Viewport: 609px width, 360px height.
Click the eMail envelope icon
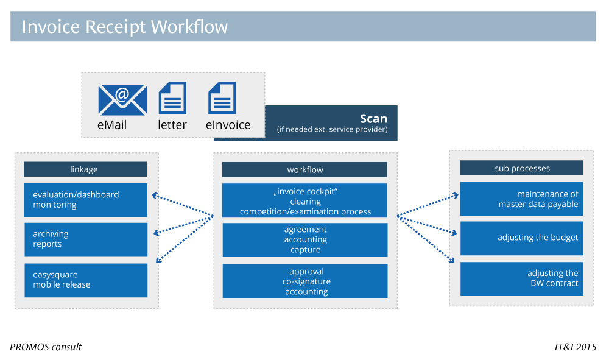tap(122, 99)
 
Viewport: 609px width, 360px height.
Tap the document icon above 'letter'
tap(172, 98)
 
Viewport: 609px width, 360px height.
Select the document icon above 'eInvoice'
tap(222, 98)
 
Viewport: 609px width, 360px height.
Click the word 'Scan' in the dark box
tap(373, 118)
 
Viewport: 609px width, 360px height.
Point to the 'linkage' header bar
tap(85, 169)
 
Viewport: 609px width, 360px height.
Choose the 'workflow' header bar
tap(304, 169)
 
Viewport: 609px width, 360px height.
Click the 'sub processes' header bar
tap(521, 168)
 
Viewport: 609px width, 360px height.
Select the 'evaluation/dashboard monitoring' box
tap(85, 200)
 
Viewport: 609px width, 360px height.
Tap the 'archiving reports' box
tap(85, 239)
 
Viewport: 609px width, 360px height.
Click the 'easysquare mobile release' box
tap(85, 280)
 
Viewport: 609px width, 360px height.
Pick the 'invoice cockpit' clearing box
tap(304, 200)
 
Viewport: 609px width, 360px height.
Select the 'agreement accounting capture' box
tap(304, 239)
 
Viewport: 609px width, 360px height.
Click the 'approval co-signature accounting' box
tap(304, 281)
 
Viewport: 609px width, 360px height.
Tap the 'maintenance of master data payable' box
tap(521, 199)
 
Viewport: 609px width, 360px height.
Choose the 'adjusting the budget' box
tap(521, 238)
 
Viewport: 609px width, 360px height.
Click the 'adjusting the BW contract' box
tap(521, 278)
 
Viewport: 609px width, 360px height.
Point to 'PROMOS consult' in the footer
tap(46, 347)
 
